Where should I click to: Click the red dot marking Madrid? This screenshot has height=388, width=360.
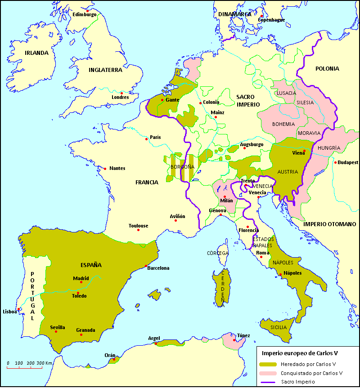(81, 282)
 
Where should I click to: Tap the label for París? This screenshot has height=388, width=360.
(155, 138)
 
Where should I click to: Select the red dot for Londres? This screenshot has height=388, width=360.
(121, 93)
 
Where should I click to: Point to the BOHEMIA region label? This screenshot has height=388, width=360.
(283, 124)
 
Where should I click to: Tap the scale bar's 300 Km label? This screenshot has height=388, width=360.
(45, 363)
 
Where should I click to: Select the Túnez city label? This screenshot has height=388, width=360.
(243, 335)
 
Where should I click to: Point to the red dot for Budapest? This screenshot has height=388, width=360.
(335, 162)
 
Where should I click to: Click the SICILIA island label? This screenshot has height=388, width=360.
(279, 327)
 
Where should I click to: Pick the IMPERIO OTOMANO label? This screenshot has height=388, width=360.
(329, 224)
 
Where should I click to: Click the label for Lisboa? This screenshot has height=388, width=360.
(9, 311)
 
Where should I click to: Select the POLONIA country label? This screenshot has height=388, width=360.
(327, 69)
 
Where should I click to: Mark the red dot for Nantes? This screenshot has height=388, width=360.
(105, 169)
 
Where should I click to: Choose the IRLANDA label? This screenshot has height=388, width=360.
(36, 53)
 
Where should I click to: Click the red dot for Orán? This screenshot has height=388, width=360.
(115, 359)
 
